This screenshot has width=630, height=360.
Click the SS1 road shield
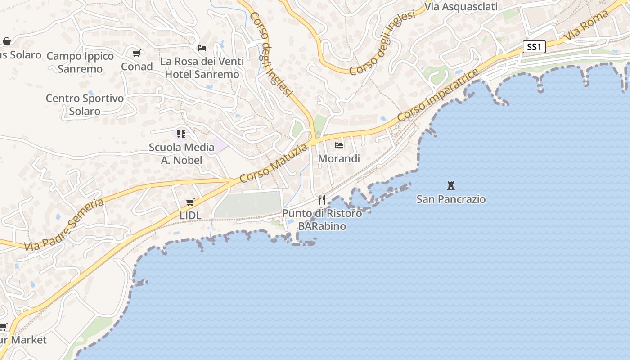click(x=534, y=47)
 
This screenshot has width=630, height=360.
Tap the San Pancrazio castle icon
click(x=450, y=185)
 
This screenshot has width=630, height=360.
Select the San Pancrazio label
click(x=451, y=199)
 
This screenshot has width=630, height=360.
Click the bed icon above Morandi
click(x=339, y=145)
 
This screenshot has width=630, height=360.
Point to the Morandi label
click(x=339, y=158)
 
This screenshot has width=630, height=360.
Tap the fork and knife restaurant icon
click(x=322, y=199)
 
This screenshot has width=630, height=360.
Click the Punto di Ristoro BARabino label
click(x=322, y=220)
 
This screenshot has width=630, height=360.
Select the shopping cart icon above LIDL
click(x=190, y=202)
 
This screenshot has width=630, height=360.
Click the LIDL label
click(x=190, y=216)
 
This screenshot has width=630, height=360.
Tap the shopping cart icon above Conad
click(x=137, y=54)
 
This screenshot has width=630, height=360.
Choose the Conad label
click(x=137, y=67)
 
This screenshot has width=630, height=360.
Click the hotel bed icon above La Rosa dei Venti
click(x=202, y=48)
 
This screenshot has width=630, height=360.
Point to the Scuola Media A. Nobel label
click(x=182, y=153)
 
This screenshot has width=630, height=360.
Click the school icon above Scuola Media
click(x=181, y=134)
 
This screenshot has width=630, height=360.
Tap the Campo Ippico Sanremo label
click(x=80, y=62)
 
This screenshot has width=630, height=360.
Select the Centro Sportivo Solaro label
click(x=85, y=104)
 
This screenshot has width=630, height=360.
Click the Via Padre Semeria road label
click(x=64, y=225)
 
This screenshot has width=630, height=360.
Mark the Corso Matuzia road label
click(x=274, y=163)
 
